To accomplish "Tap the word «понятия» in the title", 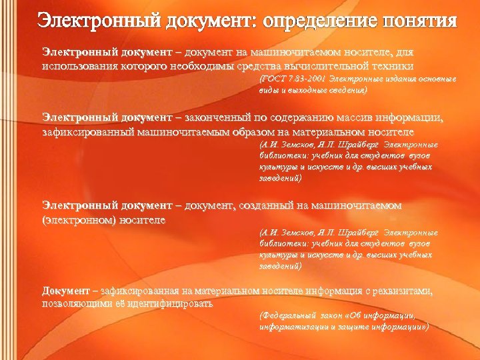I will (x=419, y=21).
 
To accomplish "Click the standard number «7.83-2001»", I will (x=301, y=79).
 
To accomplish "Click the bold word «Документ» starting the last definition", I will (x=65, y=291).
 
